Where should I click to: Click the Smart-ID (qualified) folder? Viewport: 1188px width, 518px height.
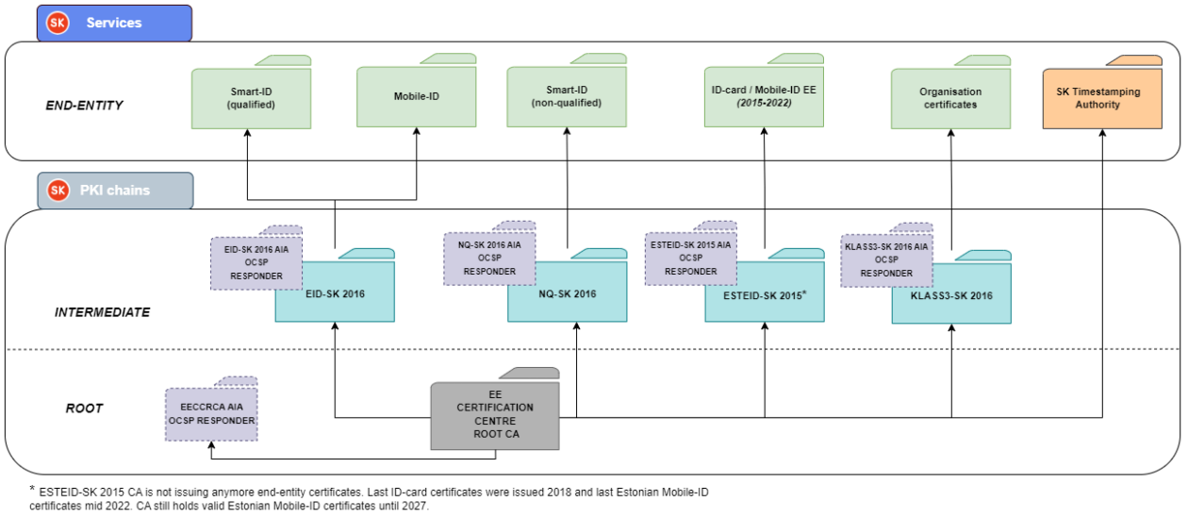coord(251,98)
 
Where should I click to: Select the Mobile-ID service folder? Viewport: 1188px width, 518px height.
coord(417,96)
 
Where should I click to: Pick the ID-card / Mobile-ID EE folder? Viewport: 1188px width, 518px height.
coord(764,96)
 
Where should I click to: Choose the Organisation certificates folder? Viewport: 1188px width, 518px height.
coord(950,98)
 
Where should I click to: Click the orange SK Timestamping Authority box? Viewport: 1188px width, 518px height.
coord(1101,98)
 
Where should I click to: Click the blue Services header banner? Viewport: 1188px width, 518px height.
coord(114,23)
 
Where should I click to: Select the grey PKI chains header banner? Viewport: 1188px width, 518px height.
coord(115,191)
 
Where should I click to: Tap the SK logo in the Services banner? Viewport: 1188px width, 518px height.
coord(58,23)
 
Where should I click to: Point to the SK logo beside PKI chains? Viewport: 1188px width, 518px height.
coord(58,191)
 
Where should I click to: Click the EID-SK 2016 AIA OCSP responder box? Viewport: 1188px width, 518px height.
coord(256,262)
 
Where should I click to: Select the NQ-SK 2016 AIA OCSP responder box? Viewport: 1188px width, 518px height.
coord(489,259)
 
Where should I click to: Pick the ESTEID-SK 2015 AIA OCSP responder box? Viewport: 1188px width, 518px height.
coord(690,259)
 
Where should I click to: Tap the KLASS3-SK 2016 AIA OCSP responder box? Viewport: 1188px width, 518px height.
coord(886,260)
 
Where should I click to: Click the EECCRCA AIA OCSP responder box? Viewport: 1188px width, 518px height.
coord(211,414)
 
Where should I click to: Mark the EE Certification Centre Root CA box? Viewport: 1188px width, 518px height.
coord(495,415)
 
